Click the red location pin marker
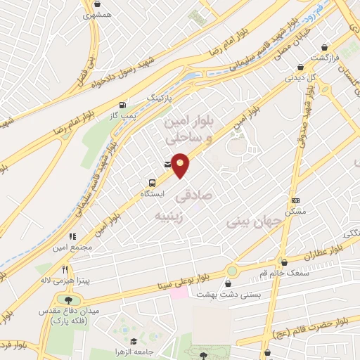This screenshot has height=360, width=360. (181, 165)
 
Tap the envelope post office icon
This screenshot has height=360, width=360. (167, 164)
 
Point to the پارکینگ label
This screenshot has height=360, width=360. (159, 98)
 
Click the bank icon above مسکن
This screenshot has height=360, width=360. (295, 200)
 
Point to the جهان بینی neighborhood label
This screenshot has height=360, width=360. (254, 221)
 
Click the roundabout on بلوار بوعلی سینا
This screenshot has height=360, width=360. (231, 271)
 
